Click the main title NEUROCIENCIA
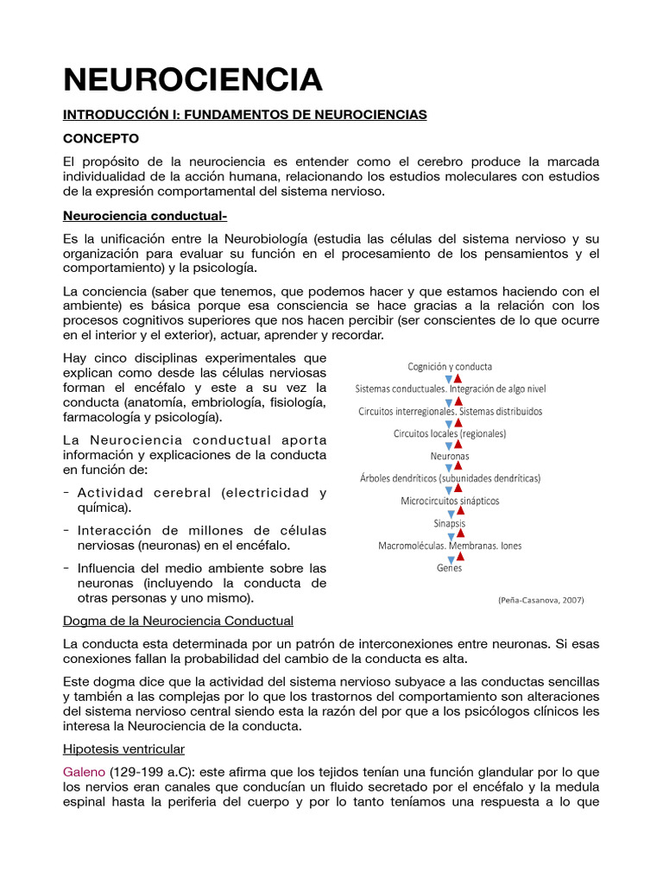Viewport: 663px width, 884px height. [x=193, y=79]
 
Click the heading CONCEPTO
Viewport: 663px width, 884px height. [x=100, y=138]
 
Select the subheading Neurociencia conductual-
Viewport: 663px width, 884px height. [x=145, y=215]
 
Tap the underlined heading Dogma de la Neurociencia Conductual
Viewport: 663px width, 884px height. [x=179, y=621]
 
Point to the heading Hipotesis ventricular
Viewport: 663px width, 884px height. [x=123, y=748]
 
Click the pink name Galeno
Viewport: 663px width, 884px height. [x=84, y=772]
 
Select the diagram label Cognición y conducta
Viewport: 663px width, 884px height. [x=450, y=366]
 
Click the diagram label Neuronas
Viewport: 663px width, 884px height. [x=450, y=456]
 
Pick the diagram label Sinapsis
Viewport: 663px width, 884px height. [x=450, y=523]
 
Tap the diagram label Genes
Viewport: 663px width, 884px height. [x=450, y=568]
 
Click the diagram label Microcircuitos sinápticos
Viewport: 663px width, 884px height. [x=450, y=501]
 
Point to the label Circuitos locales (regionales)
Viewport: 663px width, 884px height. [x=450, y=433]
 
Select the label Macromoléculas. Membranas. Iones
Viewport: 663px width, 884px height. [x=450, y=546]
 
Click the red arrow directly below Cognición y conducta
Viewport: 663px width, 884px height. [x=458, y=377]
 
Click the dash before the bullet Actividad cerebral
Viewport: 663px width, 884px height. [x=66, y=493]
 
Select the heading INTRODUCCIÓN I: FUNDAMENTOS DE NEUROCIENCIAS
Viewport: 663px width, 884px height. [x=245, y=115]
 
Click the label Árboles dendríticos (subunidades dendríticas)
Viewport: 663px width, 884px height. [x=450, y=478]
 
